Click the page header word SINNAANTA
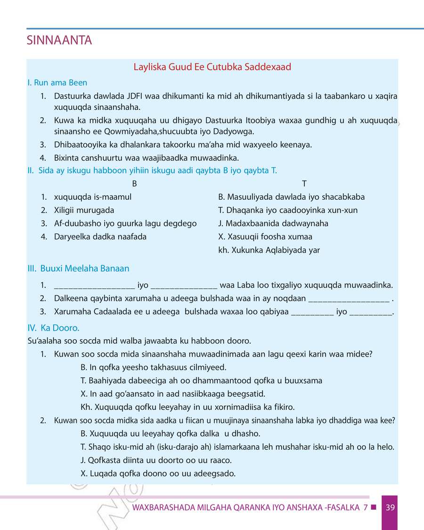click(59, 41)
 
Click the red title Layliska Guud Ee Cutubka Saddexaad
click(212, 67)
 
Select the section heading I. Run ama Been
click(57, 83)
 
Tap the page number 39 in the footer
click(390, 507)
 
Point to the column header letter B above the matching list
click(134, 184)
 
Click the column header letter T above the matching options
click(304, 184)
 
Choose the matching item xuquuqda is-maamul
click(92, 197)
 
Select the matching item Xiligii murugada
click(84, 210)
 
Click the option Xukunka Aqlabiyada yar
click(269, 250)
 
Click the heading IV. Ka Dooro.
click(53, 327)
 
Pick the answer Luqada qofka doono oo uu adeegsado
click(158, 473)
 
